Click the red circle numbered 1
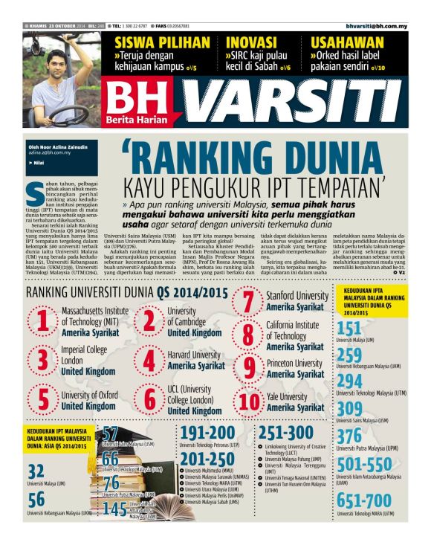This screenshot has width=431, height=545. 43,321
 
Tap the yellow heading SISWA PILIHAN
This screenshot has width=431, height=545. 152,42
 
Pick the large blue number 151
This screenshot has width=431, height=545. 349,329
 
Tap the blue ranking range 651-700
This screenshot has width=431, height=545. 363,500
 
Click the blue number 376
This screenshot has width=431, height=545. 349,437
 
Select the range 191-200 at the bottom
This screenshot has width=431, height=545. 207,433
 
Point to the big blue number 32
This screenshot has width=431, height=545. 36,471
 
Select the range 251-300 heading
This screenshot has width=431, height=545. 286,433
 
